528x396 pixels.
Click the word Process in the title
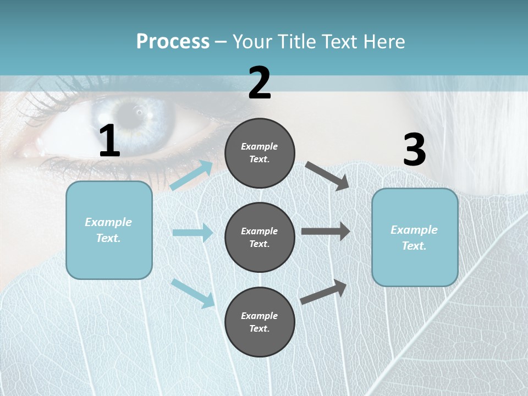pos(173,42)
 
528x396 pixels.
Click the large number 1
pos(109,141)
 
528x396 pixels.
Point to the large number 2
pos(260,83)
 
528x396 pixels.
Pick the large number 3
pos(414,150)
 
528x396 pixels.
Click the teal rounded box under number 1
pos(109,230)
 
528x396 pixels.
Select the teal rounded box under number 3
pos(415,238)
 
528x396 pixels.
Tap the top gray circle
pos(260,153)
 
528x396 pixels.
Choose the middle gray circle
pos(260,237)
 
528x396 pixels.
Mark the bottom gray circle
pos(260,322)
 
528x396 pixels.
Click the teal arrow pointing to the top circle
pos(191,175)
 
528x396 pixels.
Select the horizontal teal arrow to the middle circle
pos(193,233)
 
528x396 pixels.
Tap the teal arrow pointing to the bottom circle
pos(193,293)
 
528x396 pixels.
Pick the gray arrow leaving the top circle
pos(327,175)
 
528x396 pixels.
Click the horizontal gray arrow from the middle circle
pos(326,232)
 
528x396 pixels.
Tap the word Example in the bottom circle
pos(259,316)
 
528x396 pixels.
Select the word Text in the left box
pos(108,238)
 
